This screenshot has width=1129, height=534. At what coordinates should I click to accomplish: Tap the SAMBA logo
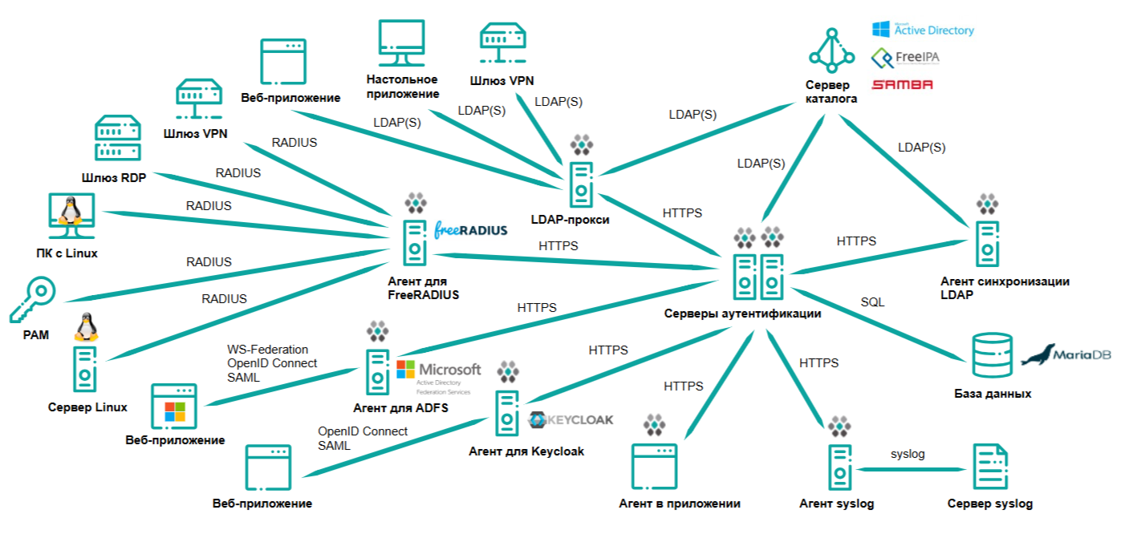(x=902, y=84)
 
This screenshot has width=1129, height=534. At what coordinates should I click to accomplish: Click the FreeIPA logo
(x=906, y=58)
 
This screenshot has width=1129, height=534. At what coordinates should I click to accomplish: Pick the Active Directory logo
(x=923, y=30)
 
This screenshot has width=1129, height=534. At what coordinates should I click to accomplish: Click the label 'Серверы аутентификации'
(x=742, y=314)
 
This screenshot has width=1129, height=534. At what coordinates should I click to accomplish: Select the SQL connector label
(x=872, y=302)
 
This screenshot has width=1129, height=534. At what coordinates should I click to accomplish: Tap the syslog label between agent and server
(x=908, y=454)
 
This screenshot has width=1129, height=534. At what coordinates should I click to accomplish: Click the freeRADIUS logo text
(x=470, y=230)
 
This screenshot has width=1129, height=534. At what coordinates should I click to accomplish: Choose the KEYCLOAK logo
(x=571, y=419)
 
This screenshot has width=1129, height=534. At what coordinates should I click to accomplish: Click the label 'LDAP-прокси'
(x=571, y=219)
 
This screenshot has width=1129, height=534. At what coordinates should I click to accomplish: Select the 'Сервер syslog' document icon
(x=991, y=468)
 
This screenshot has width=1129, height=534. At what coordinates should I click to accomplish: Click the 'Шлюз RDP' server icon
(x=118, y=138)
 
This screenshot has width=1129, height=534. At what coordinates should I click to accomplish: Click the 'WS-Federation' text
(x=268, y=350)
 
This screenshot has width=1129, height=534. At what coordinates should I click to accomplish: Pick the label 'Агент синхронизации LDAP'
(x=1005, y=288)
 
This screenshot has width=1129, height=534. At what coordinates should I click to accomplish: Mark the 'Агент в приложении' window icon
(x=656, y=467)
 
